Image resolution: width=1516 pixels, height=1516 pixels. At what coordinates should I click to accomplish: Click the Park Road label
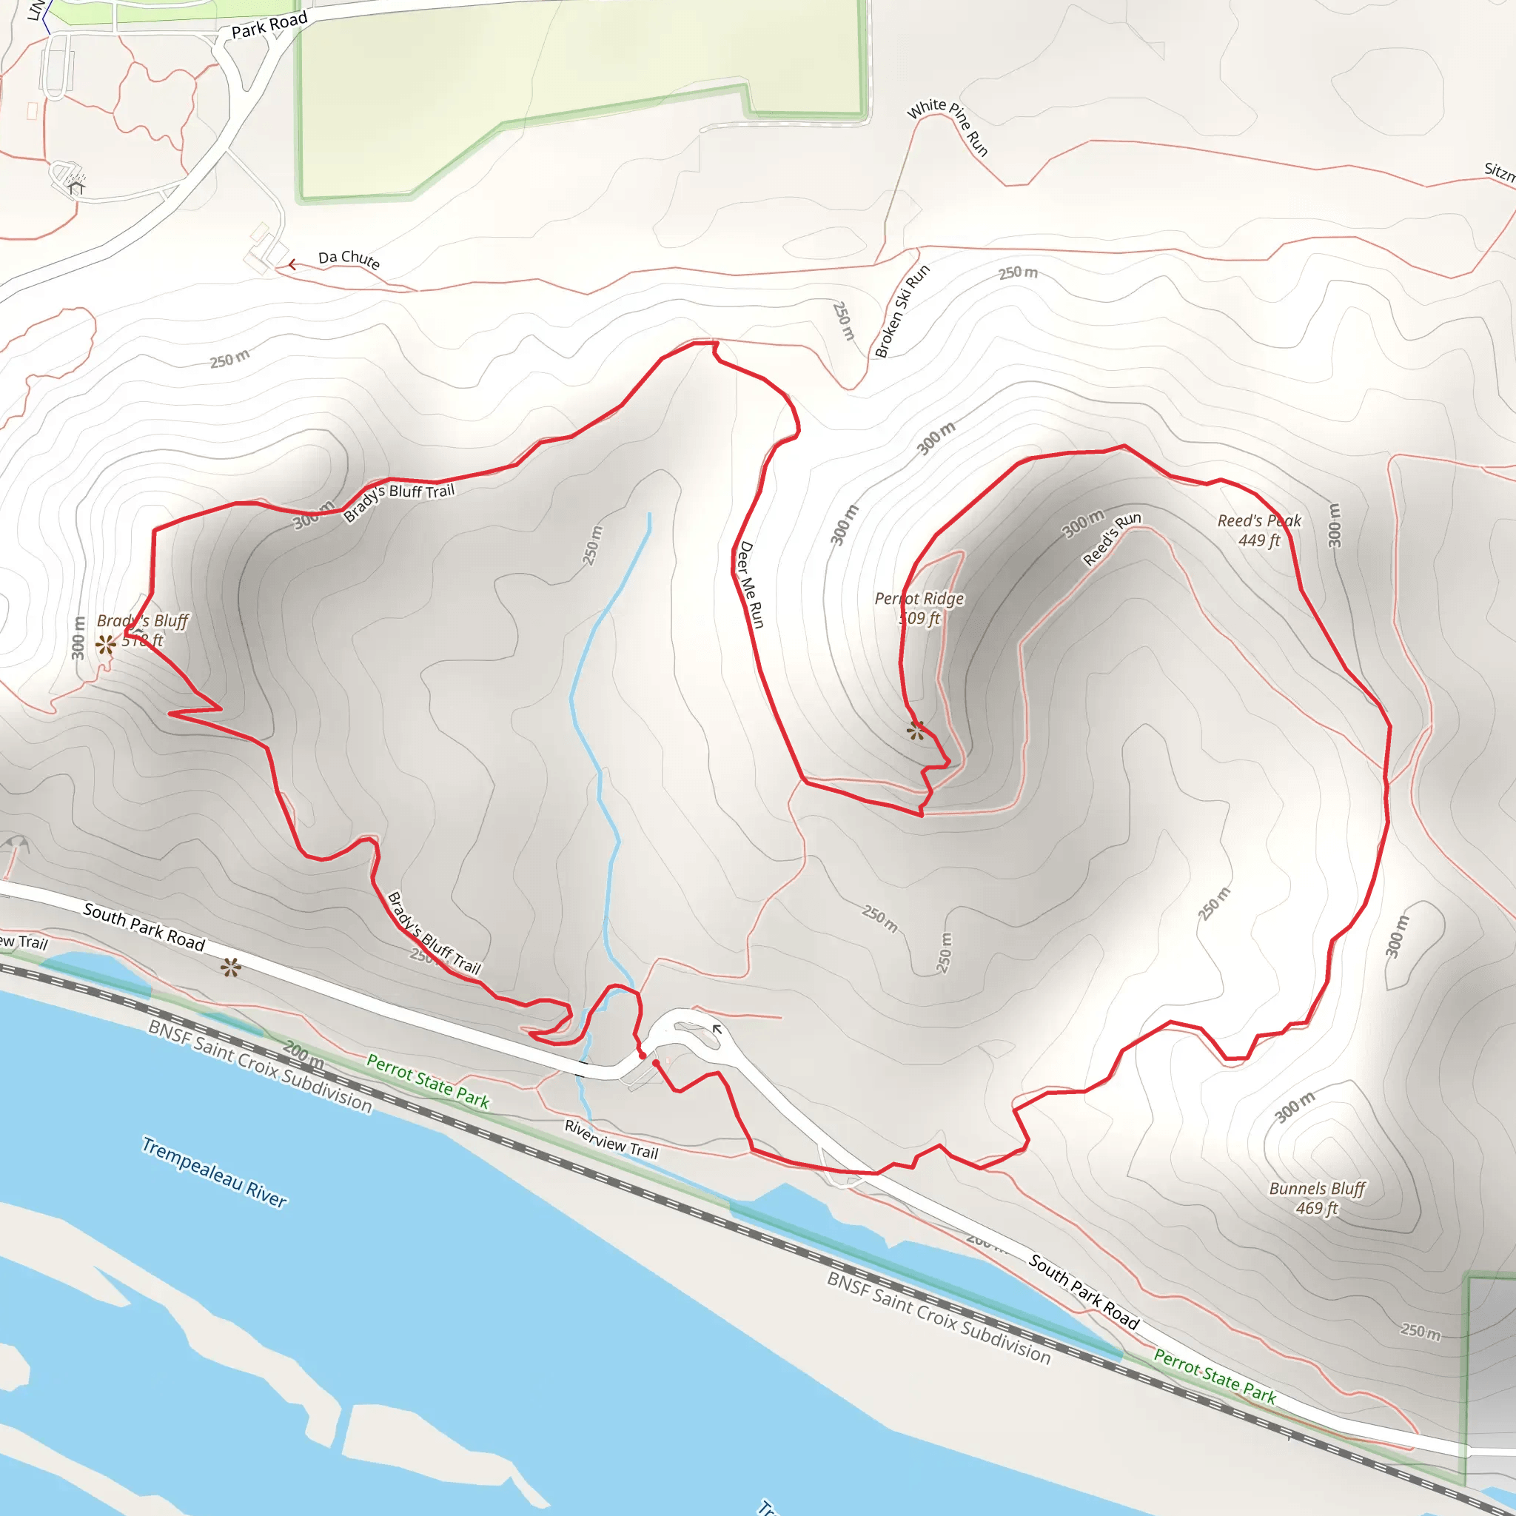(x=269, y=25)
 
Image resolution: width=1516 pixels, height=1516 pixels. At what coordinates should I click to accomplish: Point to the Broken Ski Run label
(x=902, y=312)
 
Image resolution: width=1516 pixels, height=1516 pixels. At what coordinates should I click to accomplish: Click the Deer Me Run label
(x=750, y=584)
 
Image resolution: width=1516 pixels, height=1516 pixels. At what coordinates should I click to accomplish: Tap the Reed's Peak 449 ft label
(x=1258, y=531)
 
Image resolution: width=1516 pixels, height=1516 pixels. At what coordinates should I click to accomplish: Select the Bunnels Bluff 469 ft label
(x=1318, y=1198)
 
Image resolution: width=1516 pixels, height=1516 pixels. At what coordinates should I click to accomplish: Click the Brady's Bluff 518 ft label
(x=143, y=630)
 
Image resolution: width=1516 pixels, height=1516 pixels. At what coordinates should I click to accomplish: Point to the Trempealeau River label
(x=214, y=1172)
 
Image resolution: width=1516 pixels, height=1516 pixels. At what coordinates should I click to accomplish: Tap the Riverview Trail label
(x=611, y=1139)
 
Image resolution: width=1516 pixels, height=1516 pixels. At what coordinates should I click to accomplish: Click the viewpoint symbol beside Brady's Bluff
(x=105, y=644)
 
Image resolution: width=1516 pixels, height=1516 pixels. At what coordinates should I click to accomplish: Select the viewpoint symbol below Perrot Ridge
(x=915, y=731)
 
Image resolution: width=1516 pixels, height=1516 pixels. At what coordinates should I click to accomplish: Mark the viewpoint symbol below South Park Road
(x=230, y=967)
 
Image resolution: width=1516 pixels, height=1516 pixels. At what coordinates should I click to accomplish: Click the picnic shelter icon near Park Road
(x=76, y=187)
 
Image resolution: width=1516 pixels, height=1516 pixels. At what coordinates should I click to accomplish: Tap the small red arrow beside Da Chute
(x=292, y=265)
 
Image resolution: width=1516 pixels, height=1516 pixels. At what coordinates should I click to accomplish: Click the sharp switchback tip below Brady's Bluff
(x=170, y=714)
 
